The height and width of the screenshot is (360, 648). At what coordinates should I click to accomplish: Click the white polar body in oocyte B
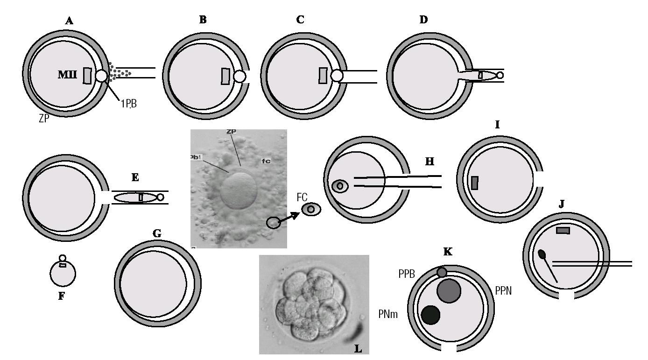pyautogui.click(x=239, y=76)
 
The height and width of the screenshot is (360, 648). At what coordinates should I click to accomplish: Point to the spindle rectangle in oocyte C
pyautogui.click(x=322, y=75)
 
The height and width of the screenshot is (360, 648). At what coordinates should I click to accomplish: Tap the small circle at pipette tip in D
pyautogui.click(x=500, y=75)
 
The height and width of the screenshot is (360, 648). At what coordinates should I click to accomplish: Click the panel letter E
pyautogui.click(x=135, y=177)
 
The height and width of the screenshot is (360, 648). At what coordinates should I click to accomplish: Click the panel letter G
pyautogui.click(x=157, y=233)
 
